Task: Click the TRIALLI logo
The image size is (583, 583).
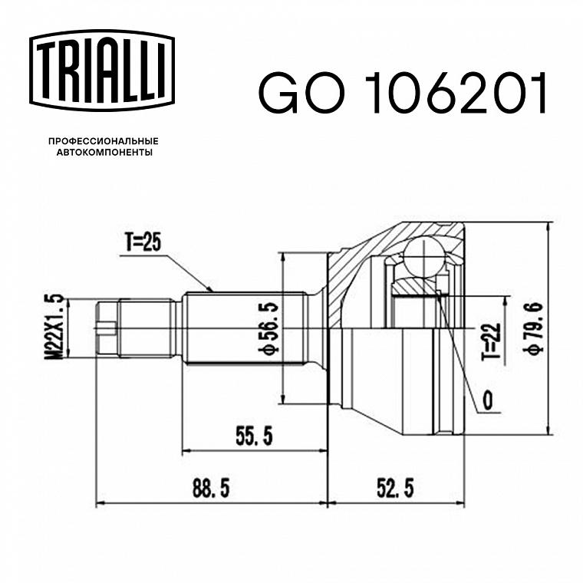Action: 102,71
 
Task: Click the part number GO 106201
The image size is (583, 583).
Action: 403,93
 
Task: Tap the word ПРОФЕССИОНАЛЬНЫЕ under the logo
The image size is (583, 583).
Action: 104,141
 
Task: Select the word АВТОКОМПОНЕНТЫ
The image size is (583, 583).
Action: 104,153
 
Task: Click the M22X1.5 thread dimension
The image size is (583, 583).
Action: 54,328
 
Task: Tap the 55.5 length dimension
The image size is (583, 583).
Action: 254,436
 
